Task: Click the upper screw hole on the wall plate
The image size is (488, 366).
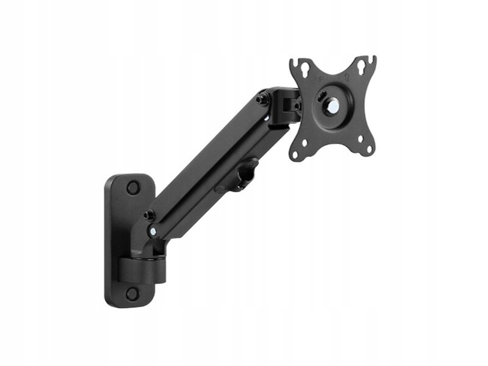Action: (132, 188)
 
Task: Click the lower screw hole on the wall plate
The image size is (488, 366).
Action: (132, 293)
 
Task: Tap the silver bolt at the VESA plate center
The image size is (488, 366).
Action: (334, 105)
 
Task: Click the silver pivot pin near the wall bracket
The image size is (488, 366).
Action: (152, 231)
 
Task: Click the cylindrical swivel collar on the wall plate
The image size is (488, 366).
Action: (142, 268)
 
